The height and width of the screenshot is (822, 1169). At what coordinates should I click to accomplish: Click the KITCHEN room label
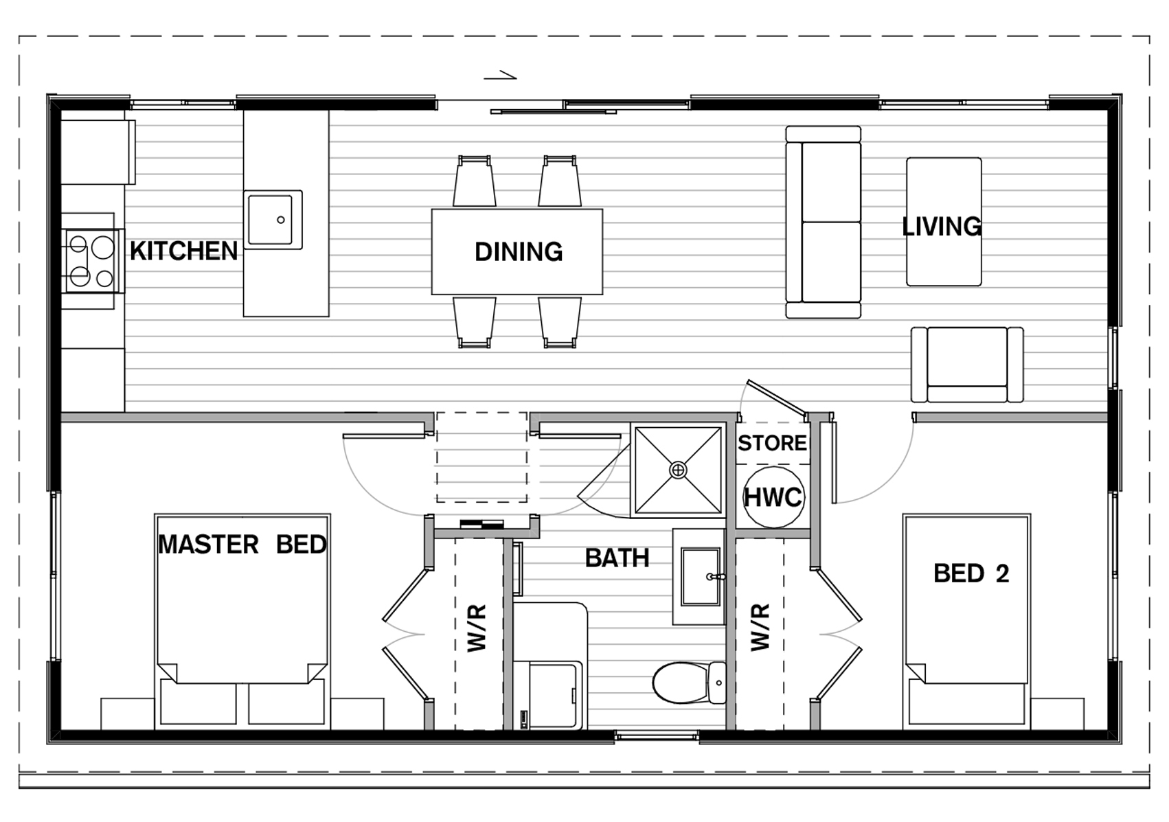[x=183, y=251]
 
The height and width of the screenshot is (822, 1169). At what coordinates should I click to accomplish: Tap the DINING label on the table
[x=519, y=252]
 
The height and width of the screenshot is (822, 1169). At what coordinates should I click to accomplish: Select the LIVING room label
[x=942, y=227]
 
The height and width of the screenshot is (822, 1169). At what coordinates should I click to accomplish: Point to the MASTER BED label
[x=242, y=545]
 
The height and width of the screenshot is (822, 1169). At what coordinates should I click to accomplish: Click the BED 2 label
[x=971, y=573]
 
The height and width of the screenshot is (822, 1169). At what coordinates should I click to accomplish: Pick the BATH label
[x=617, y=558]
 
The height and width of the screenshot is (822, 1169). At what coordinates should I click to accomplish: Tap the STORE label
[x=772, y=443]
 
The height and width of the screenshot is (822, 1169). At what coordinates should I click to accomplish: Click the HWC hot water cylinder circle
[x=773, y=497]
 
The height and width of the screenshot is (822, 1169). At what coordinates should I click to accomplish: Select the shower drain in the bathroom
[x=678, y=470]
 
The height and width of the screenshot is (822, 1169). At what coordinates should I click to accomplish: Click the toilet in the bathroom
[x=690, y=683]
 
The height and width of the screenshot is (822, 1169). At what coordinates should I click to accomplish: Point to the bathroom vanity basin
[x=701, y=577]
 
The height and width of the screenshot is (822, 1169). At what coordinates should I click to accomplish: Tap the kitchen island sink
[x=273, y=220]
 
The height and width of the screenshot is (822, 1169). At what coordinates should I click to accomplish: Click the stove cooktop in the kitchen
[x=91, y=261]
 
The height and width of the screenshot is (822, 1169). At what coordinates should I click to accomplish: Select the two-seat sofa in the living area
[x=823, y=222]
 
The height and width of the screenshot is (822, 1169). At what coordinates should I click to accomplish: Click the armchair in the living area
[x=967, y=365]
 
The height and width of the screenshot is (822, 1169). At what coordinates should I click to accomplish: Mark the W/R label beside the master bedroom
[x=477, y=628]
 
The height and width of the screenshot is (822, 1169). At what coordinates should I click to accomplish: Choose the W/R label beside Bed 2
[x=760, y=628]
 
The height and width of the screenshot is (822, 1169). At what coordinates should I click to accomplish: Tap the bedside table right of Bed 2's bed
[x=1057, y=713]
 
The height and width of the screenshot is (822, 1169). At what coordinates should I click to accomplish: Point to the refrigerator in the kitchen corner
[x=98, y=152]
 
